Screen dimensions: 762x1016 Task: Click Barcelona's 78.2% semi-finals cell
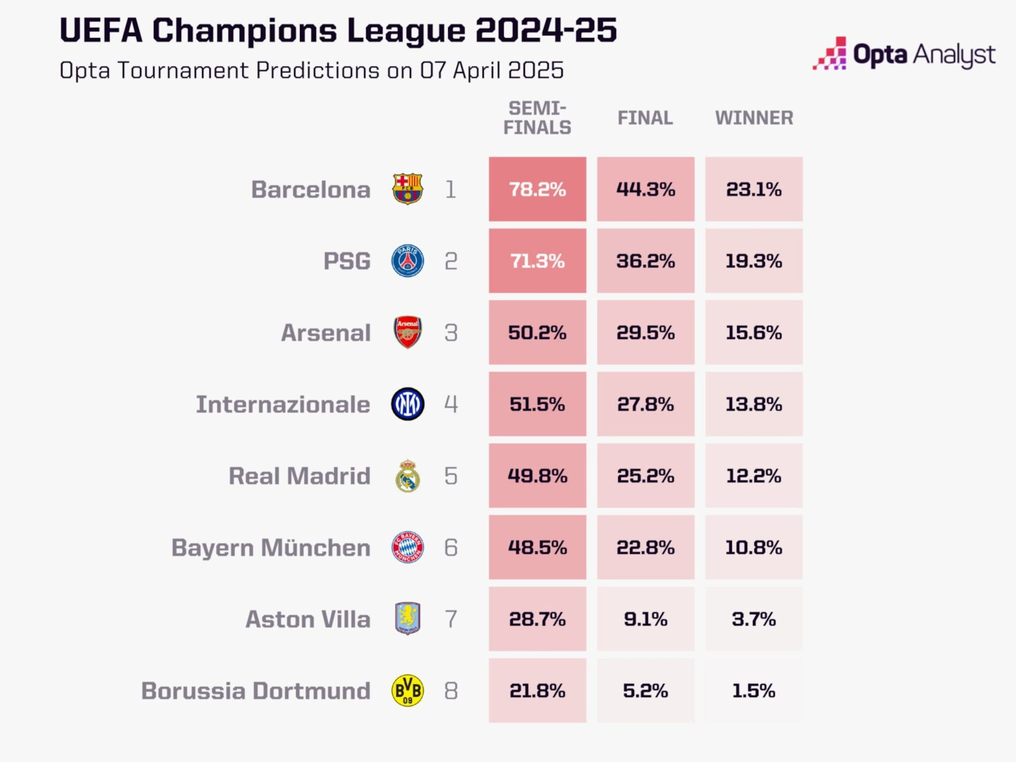(x=537, y=189)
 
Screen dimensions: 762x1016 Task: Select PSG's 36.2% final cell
(x=645, y=261)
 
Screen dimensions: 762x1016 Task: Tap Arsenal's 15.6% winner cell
(x=754, y=332)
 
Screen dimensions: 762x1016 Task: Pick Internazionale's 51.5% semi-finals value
(x=537, y=404)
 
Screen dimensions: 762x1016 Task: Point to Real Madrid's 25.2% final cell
(x=645, y=476)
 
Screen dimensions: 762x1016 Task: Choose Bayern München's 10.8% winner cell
(x=754, y=547)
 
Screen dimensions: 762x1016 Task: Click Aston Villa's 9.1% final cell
(x=645, y=619)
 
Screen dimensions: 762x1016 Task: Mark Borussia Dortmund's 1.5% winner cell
(x=754, y=691)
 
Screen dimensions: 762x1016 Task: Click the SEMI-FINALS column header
(x=537, y=117)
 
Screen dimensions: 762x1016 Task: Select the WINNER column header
(x=754, y=117)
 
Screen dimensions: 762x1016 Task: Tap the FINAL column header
(x=645, y=117)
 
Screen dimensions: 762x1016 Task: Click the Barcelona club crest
(x=407, y=189)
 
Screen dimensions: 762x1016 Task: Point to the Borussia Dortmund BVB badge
(x=407, y=691)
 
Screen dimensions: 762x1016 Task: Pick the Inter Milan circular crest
(x=407, y=404)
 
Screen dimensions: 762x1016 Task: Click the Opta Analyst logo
(x=904, y=54)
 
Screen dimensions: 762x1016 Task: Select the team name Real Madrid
(x=300, y=476)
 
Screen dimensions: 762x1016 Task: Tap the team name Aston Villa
(x=308, y=619)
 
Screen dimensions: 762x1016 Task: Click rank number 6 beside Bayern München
(x=451, y=547)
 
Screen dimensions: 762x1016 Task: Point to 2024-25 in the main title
(x=546, y=30)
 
